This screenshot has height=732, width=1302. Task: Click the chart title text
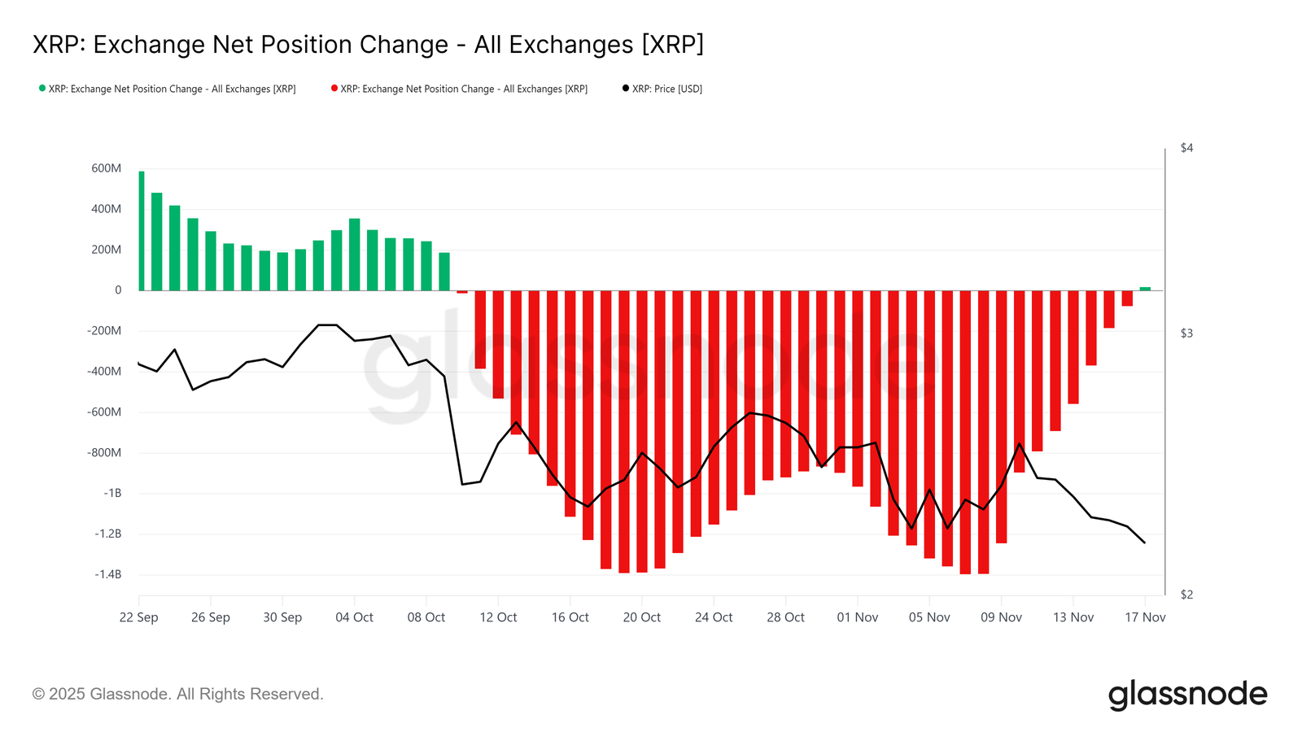coord(368,45)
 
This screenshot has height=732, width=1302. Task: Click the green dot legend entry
coord(168,89)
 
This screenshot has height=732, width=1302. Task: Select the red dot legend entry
coord(460,89)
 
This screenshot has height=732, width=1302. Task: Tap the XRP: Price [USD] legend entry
coord(662,89)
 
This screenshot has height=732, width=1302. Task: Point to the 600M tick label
coord(107,168)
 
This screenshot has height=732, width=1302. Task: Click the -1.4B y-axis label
coord(107,574)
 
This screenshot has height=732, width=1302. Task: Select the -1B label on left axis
coord(112,493)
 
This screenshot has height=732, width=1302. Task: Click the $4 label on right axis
coord(1186,148)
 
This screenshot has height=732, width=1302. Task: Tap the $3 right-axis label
coord(1186,333)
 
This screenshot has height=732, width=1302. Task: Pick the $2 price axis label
coord(1186,595)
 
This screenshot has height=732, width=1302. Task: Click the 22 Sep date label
coord(139,617)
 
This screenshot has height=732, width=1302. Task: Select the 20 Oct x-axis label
coord(642,617)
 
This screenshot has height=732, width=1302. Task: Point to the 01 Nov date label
coord(858,617)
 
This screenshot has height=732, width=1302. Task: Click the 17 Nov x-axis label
coord(1145,617)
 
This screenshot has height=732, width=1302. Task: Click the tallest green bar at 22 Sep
coord(142,232)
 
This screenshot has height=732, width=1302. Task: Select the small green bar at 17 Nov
coord(1145,288)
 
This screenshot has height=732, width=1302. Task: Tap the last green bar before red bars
coord(444,272)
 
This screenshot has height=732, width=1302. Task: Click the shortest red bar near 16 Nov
coord(1127,298)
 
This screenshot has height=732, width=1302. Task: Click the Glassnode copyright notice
coord(178,694)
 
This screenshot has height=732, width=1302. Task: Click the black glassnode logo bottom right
coord(1187,695)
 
